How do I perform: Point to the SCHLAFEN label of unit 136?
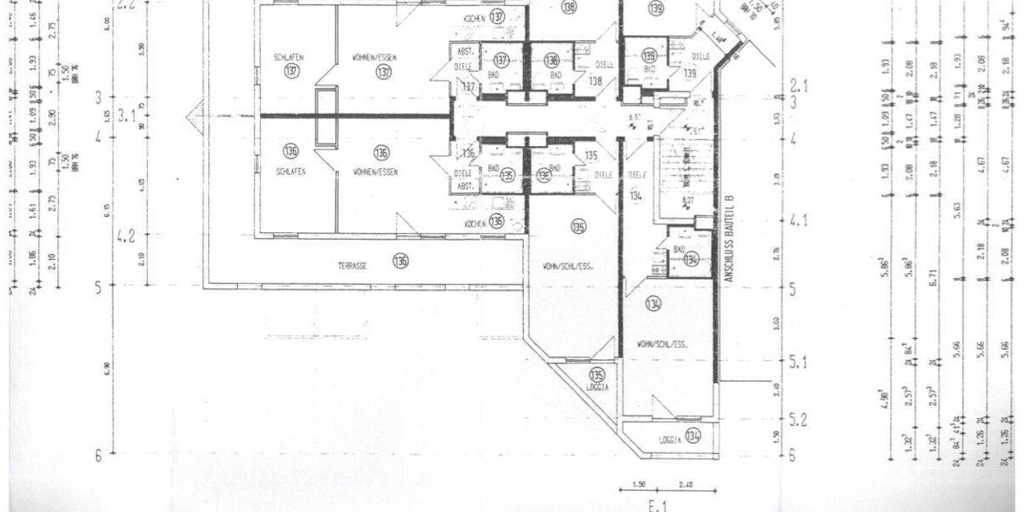(x=290, y=172)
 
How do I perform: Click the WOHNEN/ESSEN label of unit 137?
(x=375, y=57)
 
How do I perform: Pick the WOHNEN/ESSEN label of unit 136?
(x=376, y=172)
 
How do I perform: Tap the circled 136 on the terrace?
(x=400, y=261)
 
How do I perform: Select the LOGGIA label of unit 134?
(x=669, y=440)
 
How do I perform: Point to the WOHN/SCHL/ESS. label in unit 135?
(x=567, y=266)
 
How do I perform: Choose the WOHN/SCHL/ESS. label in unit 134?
(x=662, y=344)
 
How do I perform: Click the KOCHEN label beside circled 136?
(x=475, y=223)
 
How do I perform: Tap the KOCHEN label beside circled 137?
(x=475, y=19)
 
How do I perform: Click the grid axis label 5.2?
(x=800, y=420)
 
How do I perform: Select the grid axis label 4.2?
(x=127, y=236)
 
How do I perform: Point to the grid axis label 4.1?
(x=800, y=221)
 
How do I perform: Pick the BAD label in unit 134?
(x=680, y=248)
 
